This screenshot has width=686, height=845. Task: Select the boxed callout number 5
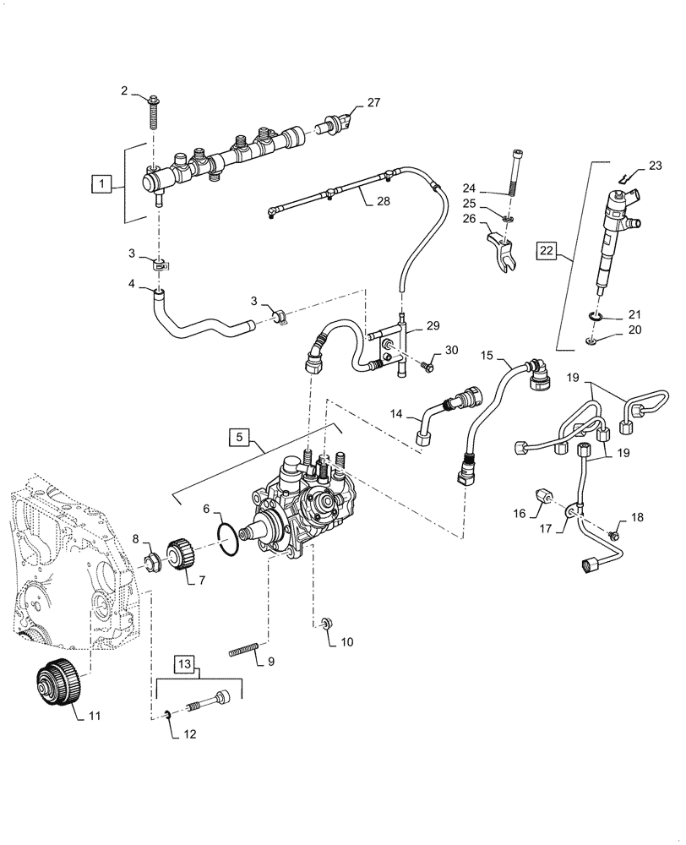[240, 437]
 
